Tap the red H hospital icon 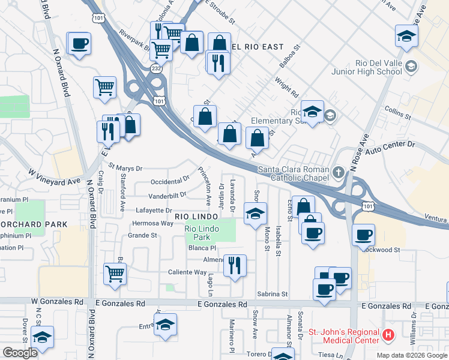coord(388,334)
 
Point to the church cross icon coord(339,173)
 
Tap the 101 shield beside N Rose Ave coord(367,206)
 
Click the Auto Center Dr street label coord(394,145)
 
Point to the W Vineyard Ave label coord(54,177)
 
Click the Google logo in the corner coord(20,353)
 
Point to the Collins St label coord(398,112)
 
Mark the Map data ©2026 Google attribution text coord(411,355)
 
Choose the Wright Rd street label coord(286,86)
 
